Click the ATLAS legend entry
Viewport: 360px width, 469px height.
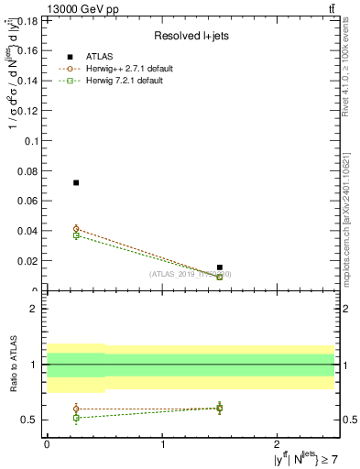[x=105, y=57]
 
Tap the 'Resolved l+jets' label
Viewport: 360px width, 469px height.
[x=190, y=37]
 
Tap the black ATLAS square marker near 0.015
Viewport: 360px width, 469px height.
[x=220, y=267]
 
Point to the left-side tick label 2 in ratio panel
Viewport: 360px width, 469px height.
[x=33, y=310]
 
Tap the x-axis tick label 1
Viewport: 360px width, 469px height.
[x=163, y=444]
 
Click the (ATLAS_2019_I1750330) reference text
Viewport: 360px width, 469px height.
[x=191, y=274]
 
